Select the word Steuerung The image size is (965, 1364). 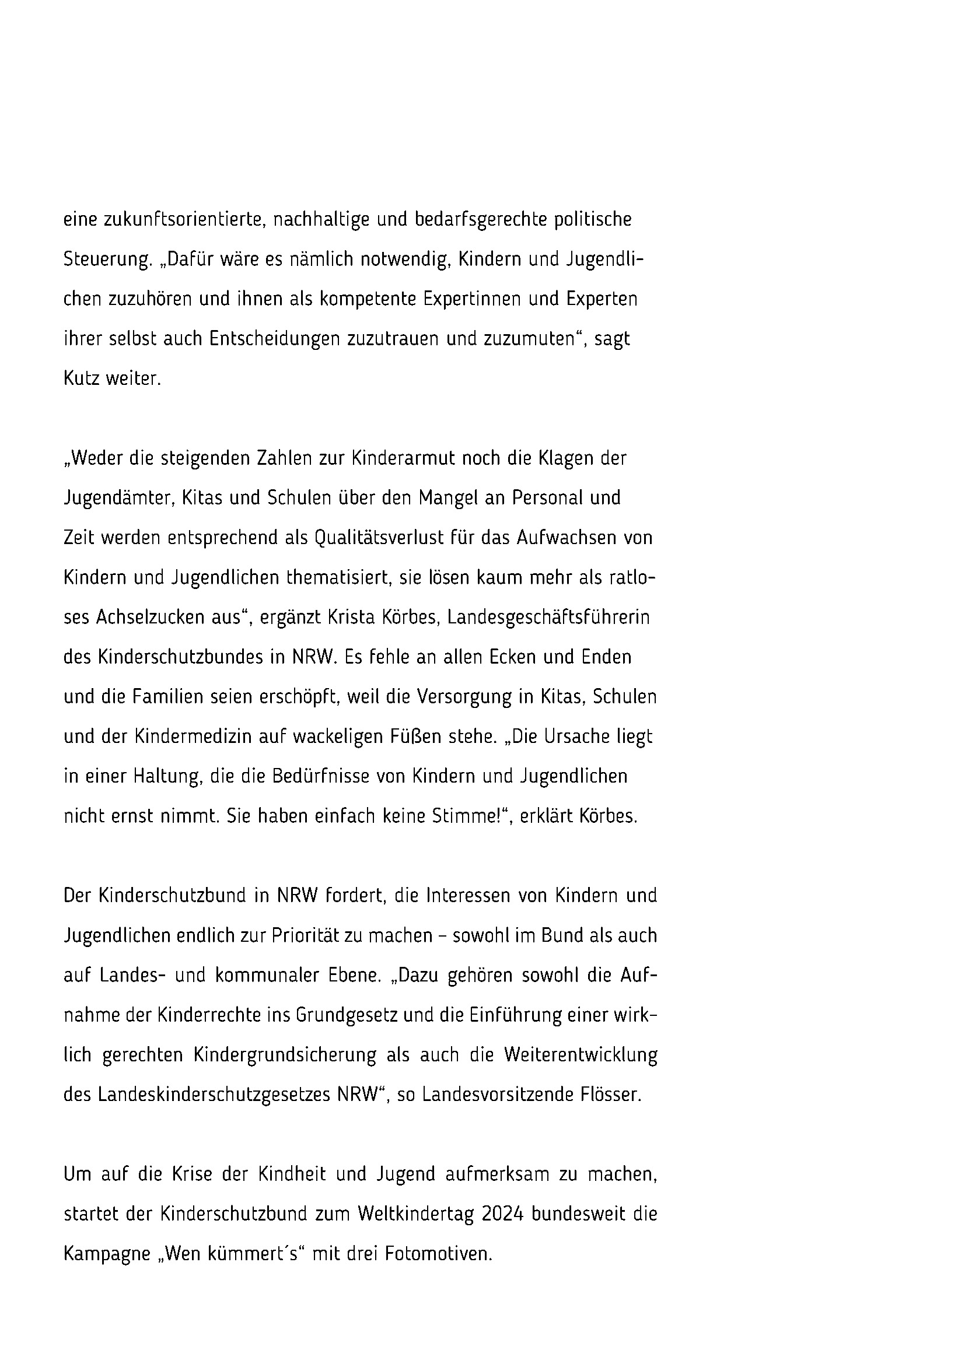[107, 260]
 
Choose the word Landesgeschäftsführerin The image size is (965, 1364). [548, 617]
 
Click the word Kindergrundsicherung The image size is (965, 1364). [285, 1055]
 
